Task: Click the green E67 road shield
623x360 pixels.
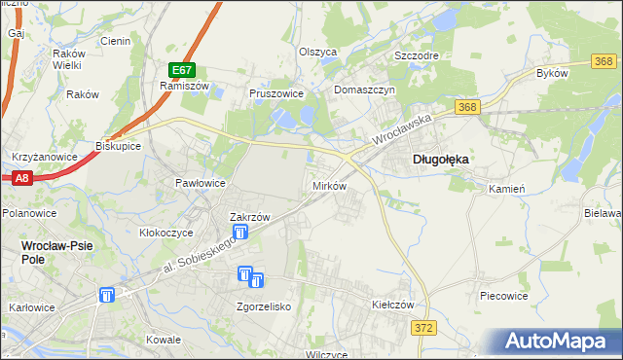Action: pos(181,70)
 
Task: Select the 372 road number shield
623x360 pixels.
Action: pos(422,331)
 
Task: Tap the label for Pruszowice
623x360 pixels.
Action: pos(276,94)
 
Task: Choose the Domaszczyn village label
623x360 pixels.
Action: pos(363,90)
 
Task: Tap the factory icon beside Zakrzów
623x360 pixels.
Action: pos(240,233)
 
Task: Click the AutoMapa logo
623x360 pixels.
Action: pos(560,342)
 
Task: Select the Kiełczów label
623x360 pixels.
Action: pos(393,305)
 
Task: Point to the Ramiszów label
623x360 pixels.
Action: pos(179,86)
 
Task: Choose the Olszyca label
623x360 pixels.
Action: pos(317,52)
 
